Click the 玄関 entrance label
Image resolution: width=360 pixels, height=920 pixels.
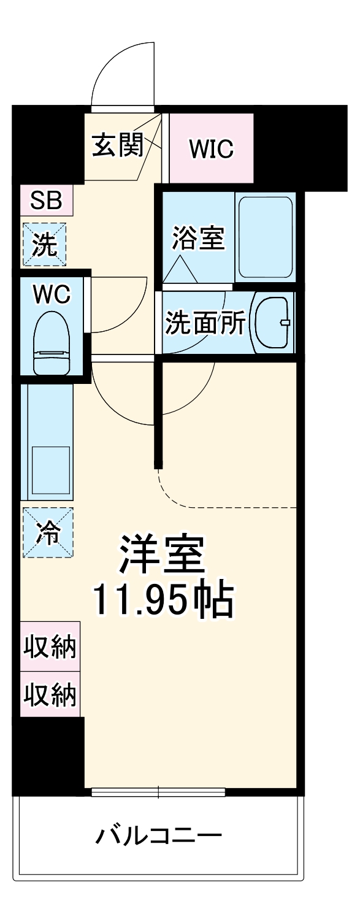coord(117,145)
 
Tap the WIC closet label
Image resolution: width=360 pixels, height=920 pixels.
coord(211,148)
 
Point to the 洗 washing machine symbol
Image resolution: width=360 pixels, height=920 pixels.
coord(44,244)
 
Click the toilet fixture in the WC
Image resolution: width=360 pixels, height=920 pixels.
coord(51,343)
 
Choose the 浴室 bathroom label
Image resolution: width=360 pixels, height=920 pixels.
coord(198,238)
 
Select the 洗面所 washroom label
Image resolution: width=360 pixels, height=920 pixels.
coord(205,323)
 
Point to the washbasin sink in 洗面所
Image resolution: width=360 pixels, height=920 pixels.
coord(272,322)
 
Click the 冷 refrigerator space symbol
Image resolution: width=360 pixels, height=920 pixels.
coord(48,532)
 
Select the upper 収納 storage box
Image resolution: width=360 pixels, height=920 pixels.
coord(50,647)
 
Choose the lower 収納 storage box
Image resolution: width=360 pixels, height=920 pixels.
coord(50,694)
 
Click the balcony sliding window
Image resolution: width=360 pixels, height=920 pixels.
coord(158,791)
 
